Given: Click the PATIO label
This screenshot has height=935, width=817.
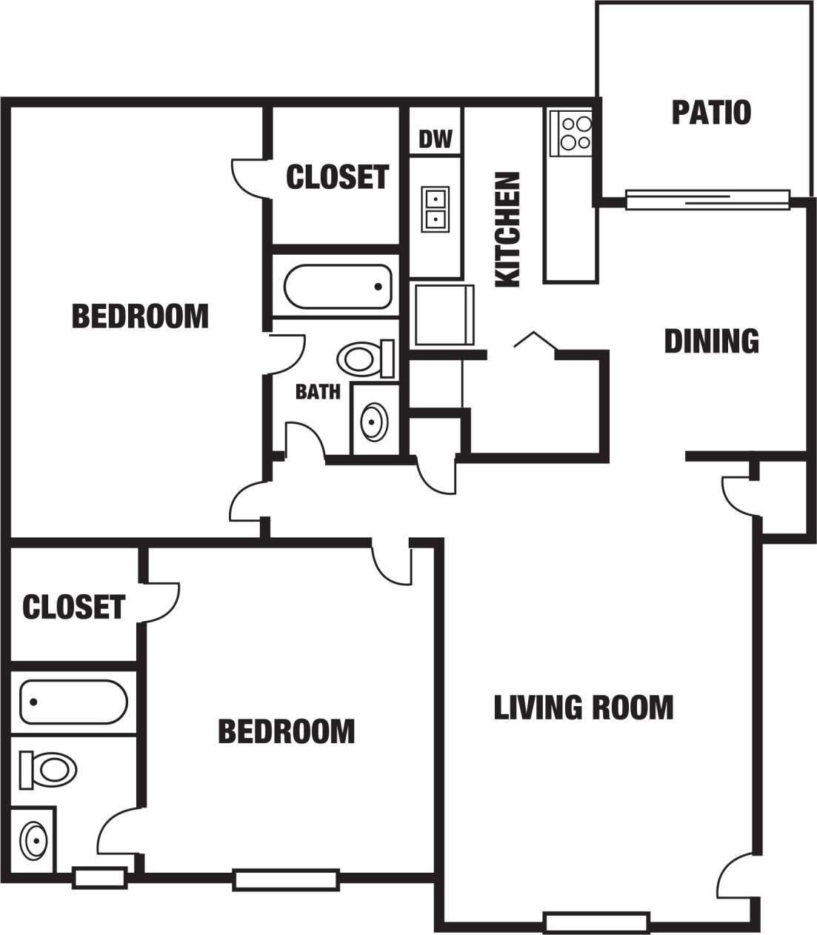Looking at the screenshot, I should click(x=711, y=113).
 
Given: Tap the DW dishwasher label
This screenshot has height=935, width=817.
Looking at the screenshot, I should click(x=436, y=139).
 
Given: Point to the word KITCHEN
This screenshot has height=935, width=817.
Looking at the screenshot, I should click(x=508, y=230).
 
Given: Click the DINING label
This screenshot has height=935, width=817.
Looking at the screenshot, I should click(x=711, y=341).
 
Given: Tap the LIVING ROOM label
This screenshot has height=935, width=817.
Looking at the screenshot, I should click(x=584, y=708).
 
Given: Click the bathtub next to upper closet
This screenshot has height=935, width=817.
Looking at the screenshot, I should click(x=337, y=287).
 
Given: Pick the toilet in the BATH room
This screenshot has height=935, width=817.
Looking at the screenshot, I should click(x=364, y=359).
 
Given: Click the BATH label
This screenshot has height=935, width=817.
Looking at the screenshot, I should click(x=318, y=391).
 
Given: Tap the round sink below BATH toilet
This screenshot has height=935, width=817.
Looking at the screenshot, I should click(x=373, y=421).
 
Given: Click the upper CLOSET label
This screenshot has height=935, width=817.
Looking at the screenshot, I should click(x=337, y=177).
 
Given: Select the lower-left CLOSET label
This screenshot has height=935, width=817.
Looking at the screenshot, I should click(x=73, y=607).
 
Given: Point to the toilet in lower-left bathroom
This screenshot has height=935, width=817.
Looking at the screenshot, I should click(x=49, y=769).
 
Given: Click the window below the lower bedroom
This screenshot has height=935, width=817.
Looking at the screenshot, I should click(x=286, y=879).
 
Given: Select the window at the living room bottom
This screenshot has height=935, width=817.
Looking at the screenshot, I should click(x=597, y=922).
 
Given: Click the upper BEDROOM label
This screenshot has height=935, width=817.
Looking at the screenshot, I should click(x=140, y=316).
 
